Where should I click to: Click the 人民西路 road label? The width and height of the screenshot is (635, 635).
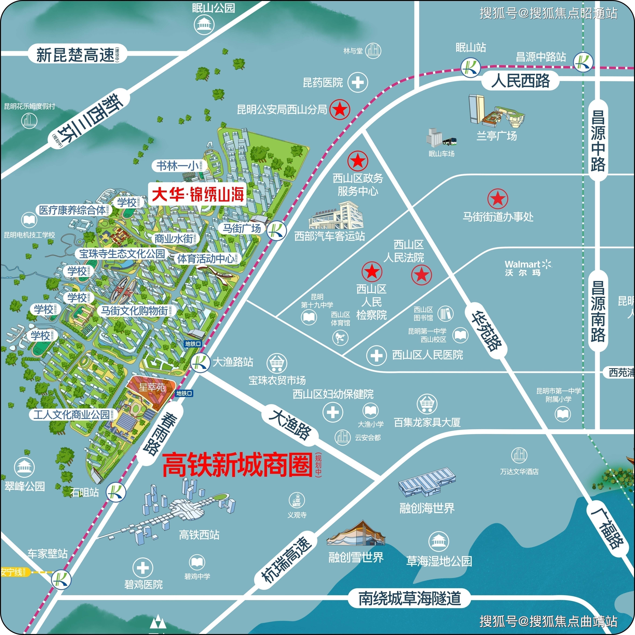(520, 81)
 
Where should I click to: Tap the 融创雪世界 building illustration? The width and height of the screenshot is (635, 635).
(356, 534)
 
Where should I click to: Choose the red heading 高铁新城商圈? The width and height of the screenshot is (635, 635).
(237, 464)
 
